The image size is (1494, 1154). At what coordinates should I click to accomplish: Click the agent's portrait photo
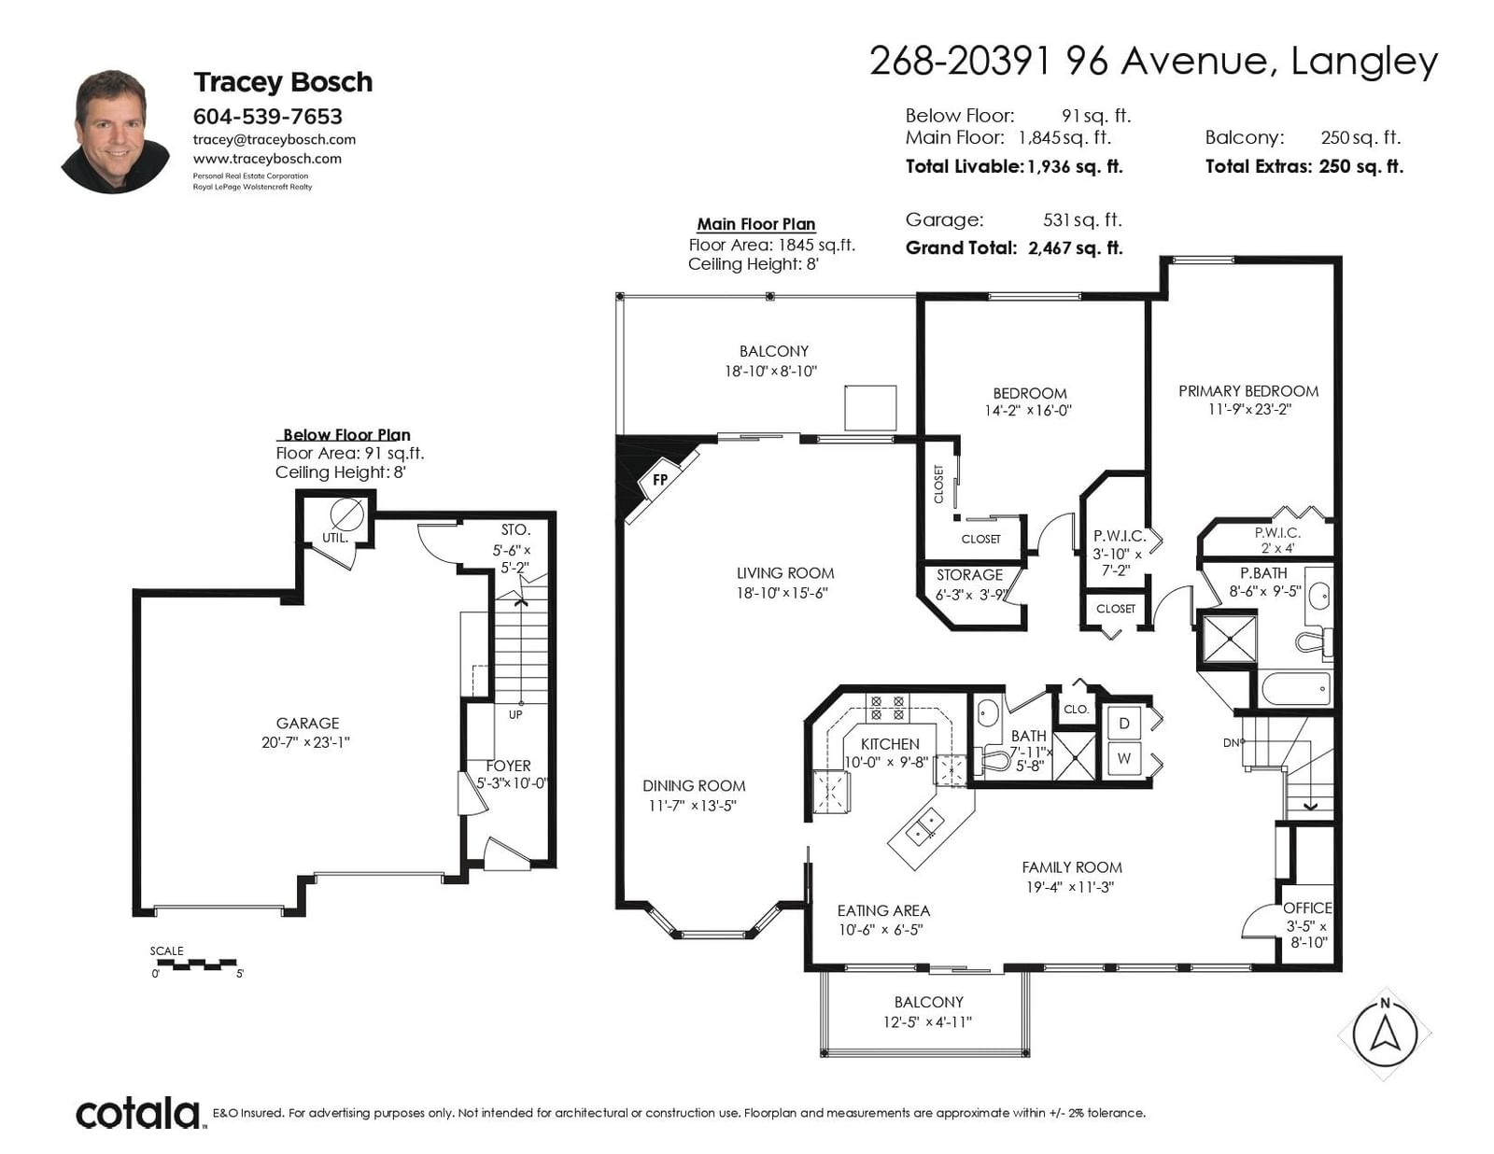coord(115,132)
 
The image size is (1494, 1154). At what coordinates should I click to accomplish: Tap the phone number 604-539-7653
coord(267,116)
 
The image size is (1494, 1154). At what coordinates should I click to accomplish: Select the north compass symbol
coord(1385,1034)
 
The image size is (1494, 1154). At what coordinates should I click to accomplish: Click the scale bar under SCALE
coord(194,964)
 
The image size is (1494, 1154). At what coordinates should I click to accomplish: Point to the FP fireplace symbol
coord(661,479)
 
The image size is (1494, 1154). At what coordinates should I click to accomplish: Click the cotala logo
coord(138,1113)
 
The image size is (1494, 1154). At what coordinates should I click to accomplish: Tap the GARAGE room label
coord(307,723)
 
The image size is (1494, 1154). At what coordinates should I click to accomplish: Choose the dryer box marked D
coord(1124,723)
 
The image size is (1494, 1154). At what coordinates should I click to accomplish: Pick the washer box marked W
coord(1124,759)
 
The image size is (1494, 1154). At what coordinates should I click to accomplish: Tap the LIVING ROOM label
coord(785,573)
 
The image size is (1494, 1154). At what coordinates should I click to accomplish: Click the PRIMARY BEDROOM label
coord(1248,391)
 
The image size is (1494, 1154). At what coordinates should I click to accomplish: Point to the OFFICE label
coord(1307,908)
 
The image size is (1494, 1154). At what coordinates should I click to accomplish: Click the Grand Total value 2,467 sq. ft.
coord(1076,248)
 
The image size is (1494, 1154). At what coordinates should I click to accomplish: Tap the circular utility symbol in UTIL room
coord(346,514)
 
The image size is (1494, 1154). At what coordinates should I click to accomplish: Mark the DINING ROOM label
coord(694,785)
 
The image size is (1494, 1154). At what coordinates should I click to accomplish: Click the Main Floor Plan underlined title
coord(755,224)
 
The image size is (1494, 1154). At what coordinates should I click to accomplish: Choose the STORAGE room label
coord(969,574)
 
